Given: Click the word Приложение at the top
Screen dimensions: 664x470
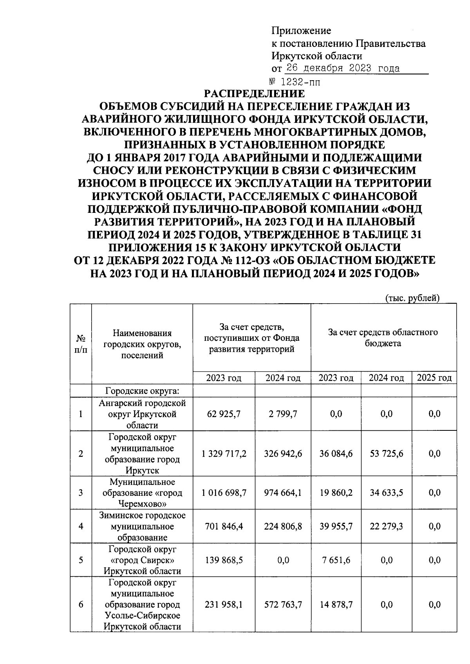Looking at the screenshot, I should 301,31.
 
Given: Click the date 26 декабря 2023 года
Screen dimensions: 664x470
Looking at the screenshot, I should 343,69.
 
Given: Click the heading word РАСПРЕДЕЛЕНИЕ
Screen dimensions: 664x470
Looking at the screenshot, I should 254,94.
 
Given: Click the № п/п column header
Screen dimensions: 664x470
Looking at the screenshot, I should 81,344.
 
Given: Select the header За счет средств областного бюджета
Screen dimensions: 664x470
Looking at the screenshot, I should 383,338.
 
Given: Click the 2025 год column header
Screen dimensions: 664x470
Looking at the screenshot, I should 434,378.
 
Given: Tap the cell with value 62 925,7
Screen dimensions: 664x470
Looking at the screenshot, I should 224,414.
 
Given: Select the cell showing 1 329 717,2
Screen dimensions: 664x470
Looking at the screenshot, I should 224,453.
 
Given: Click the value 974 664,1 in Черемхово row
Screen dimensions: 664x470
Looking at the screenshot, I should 283,493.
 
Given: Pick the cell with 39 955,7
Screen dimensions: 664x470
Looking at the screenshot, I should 336,526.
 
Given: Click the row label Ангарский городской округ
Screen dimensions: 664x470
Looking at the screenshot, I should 142,414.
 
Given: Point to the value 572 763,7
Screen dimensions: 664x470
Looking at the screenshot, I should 283,605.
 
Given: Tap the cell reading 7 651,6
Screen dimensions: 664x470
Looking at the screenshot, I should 336,560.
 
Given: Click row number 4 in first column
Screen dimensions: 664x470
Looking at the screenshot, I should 81,526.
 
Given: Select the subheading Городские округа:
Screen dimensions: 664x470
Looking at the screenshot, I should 142,391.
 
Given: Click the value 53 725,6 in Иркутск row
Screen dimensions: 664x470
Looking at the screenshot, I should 386,453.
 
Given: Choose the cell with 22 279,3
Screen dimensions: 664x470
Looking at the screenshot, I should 386,526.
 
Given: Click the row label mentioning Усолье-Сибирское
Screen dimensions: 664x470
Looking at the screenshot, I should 142,615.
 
